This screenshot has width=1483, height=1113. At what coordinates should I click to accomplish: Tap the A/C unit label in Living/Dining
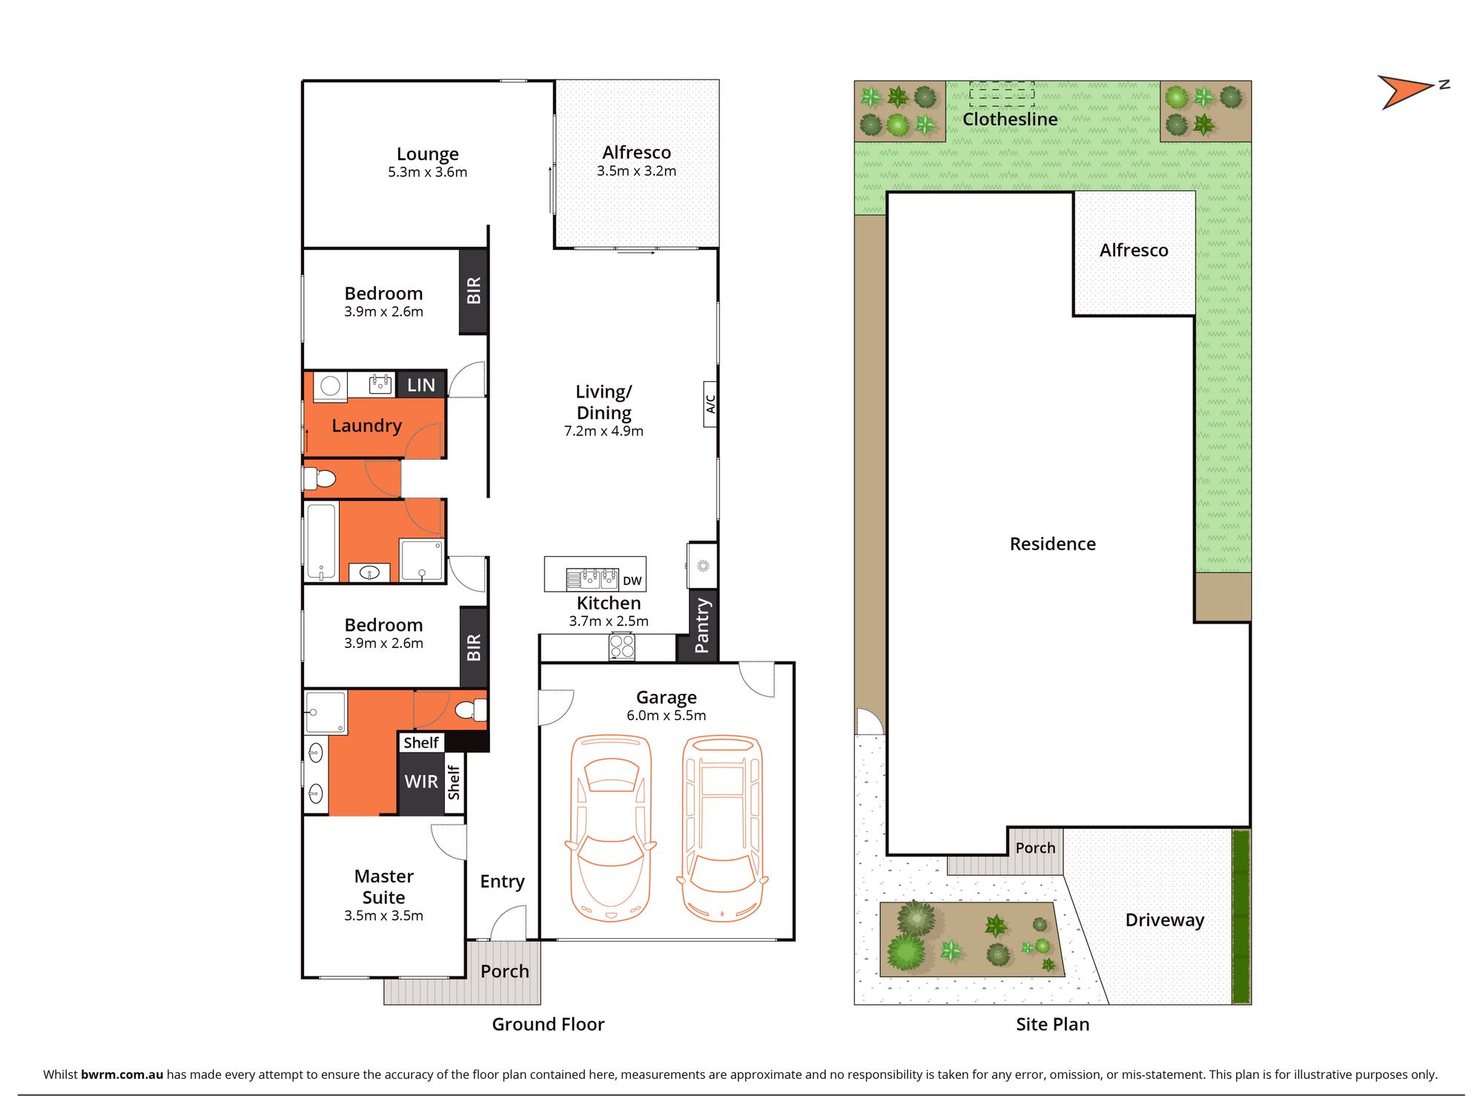click(710, 403)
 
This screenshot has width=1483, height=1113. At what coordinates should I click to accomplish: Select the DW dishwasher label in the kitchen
click(632, 581)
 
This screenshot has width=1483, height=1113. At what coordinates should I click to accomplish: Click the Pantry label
click(701, 625)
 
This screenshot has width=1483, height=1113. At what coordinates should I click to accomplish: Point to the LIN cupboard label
click(421, 385)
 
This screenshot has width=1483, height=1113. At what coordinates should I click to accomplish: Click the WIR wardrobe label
click(421, 782)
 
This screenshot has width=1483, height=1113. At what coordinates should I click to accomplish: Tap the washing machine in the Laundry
click(331, 385)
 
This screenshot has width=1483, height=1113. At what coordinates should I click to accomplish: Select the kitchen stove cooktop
click(622, 647)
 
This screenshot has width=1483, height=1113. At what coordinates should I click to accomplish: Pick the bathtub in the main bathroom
click(321, 541)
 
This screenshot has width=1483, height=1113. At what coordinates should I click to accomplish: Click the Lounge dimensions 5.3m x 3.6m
click(428, 172)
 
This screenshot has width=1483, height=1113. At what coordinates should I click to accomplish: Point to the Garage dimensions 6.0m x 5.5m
click(667, 716)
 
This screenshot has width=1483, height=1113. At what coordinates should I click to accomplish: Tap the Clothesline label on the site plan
click(1010, 119)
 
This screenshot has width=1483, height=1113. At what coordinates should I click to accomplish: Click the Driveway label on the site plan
click(1165, 920)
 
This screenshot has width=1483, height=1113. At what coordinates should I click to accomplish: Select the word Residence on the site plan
click(1053, 544)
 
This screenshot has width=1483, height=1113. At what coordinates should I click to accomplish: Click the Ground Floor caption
click(549, 1024)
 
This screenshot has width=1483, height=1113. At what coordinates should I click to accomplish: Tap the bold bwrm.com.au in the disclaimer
click(122, 1074)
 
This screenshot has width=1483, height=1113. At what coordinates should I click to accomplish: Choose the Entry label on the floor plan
click(502, 882)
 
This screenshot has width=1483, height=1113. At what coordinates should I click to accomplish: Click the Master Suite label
click(384, 887)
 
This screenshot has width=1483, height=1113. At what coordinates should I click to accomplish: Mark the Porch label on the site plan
click(1035, 848)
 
